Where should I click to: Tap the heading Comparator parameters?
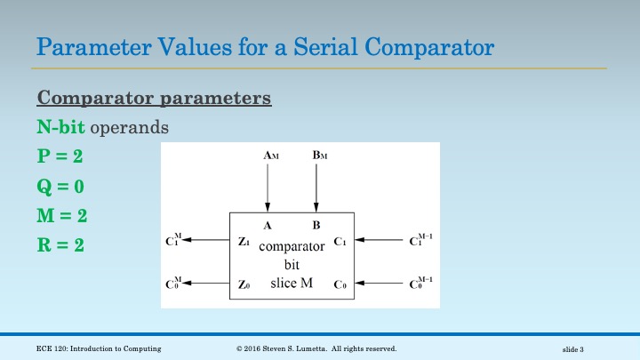point(154,97)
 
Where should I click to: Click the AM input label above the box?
point(271,156)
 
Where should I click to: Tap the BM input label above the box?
point(320,156)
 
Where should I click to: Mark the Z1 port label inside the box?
point(244,241)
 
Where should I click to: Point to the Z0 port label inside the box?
point(244,284)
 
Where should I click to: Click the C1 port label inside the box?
point(340,241)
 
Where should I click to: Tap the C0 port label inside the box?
point(340,284)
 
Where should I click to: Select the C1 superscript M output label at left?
point(173,240)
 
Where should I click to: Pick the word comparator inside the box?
point(292,248)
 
